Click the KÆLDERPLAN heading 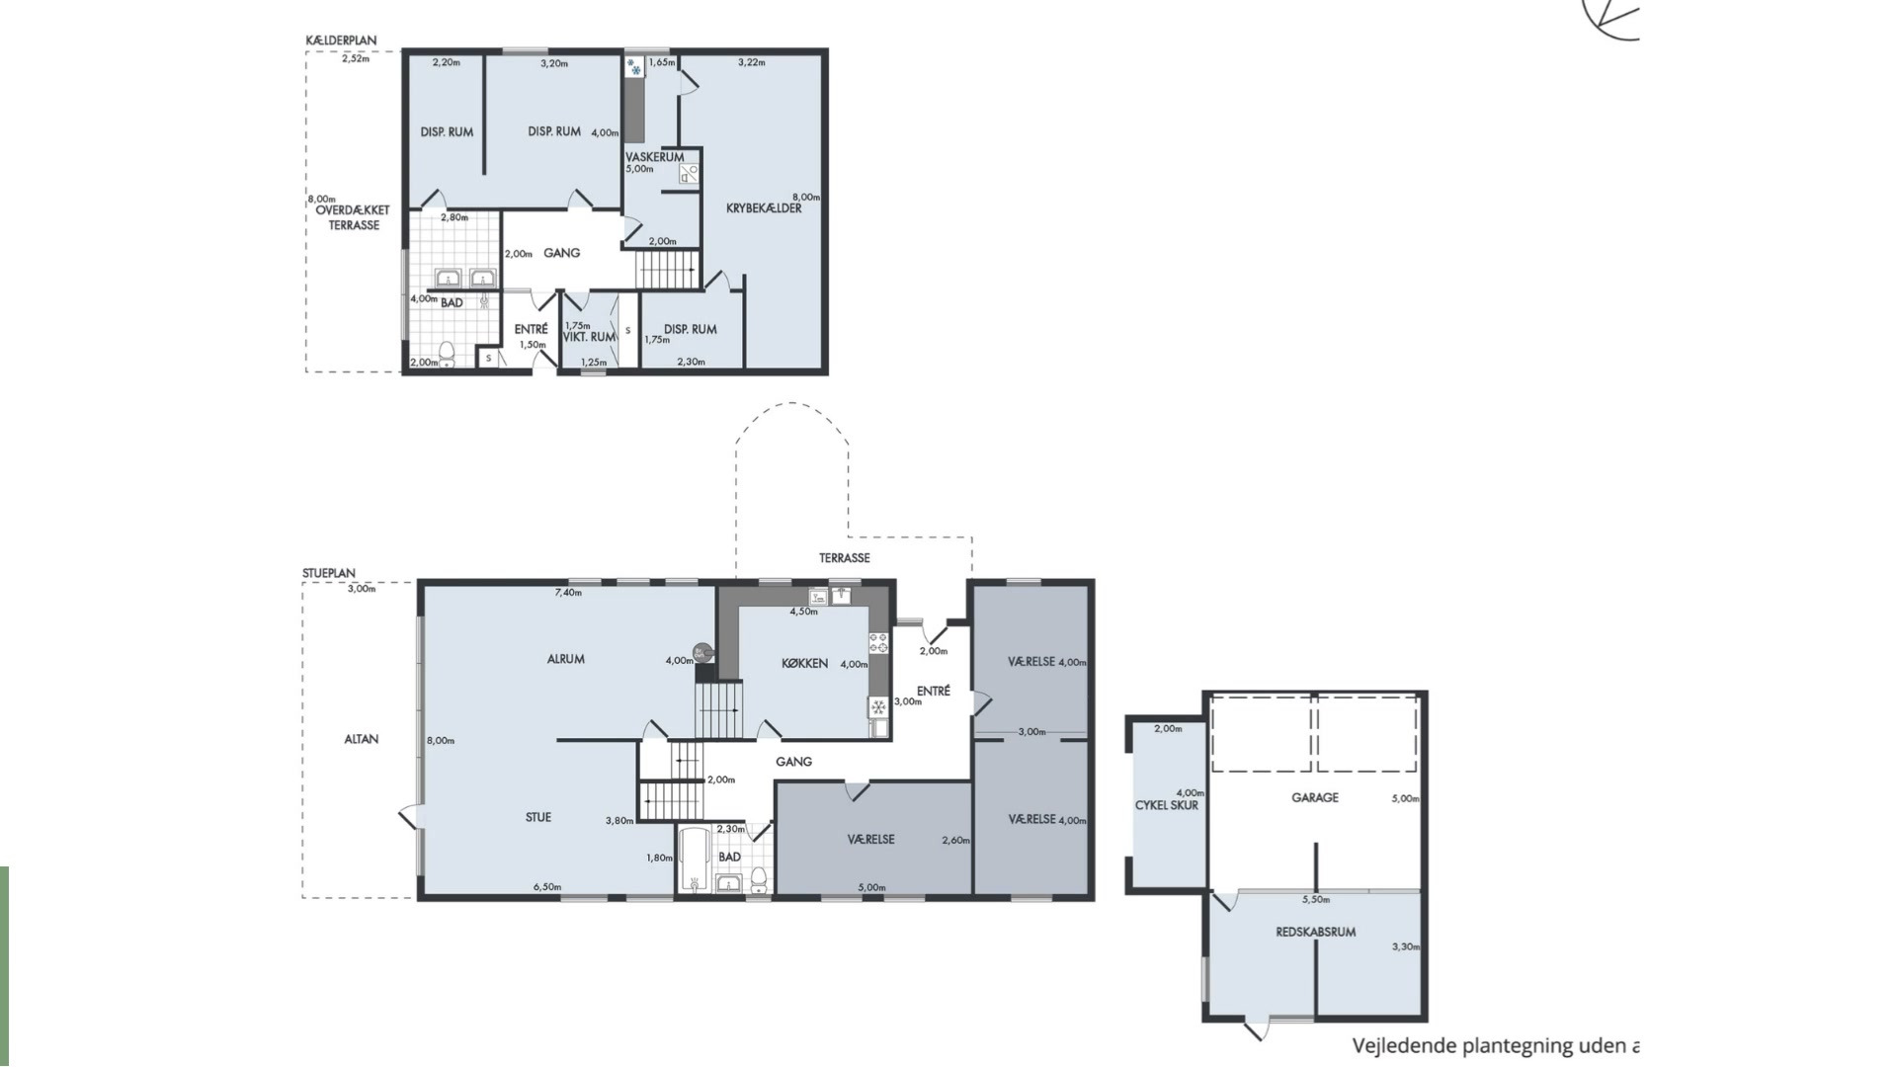(341, 41)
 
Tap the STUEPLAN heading (329, 573)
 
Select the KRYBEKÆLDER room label (764, 208)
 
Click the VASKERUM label (654, 157)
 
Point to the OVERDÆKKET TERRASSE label (353, 217)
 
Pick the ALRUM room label (566, 659)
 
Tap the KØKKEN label (804, 664)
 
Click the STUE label (538, 817)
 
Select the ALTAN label (362, 739)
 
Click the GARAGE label (1315, 797)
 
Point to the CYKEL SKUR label (1166, 805)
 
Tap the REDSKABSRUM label (1315, 932)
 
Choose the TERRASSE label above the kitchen (844, 558)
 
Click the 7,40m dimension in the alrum (568, 593)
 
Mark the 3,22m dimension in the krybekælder (751, 62)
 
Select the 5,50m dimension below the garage (1316, 900)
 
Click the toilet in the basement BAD (447, 353)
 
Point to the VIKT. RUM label (589, 337)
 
